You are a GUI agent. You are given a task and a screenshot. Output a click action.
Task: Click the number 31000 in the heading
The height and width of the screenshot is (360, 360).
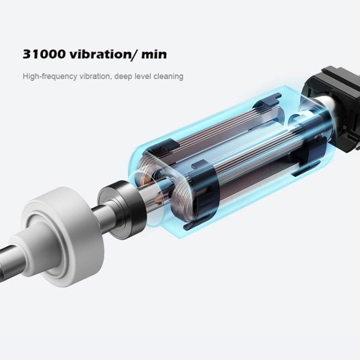click(x=44, y=54)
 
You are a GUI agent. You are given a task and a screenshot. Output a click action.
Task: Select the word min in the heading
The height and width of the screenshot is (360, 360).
click(x=154, y=54)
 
